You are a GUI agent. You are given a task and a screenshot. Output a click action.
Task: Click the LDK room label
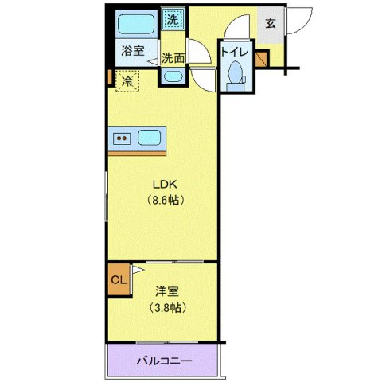click(x=166, y=183)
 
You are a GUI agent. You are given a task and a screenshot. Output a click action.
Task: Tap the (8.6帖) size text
click(x=166, y=200)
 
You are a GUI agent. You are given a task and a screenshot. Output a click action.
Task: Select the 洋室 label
click(x=166, y=291)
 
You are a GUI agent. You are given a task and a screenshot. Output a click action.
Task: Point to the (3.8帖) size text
click(x=166, y=307)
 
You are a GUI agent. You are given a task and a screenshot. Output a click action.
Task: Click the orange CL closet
click(x=119, y=280)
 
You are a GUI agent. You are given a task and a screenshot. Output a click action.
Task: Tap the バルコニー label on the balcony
click(x=163, y=361)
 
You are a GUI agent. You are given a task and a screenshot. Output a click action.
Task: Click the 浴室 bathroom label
click(x=132, y=52)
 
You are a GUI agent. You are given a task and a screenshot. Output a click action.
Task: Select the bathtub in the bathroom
click(x=133, y=24)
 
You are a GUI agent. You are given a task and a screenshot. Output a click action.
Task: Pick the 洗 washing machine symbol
click(x=172, y=18)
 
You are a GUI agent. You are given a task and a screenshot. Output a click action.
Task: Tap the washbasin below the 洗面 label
click(x=172, y=76)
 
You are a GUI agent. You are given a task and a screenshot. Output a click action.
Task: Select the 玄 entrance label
click(x=271, y=24)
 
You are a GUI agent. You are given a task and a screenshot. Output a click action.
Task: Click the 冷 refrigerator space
click(x=127, y=80)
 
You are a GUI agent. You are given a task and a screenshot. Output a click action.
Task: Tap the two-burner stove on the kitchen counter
click(x=123, y=138)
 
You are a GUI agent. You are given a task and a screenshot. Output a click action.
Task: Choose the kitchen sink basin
click(x=149, y=137)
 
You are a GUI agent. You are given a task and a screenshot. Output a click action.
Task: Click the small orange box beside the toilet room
click(x=262, y=57)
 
